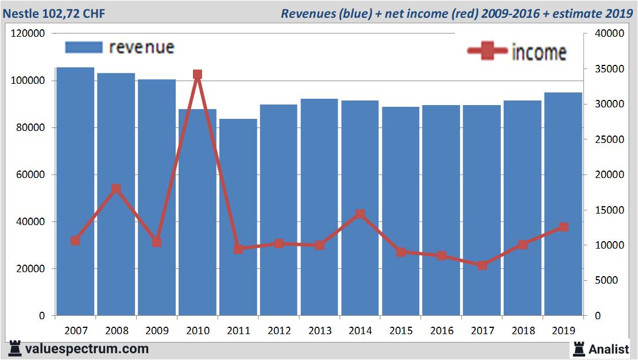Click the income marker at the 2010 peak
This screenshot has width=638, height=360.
tap(198, 75)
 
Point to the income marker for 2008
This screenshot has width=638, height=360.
tap(116, 189)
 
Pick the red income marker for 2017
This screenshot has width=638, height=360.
tap(482, 265)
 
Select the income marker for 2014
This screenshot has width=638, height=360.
tap(360, 214)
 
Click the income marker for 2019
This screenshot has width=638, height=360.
tap(563, 227)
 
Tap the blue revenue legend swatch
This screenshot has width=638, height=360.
tap(84, 47)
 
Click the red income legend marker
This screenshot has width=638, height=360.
tap(488, 52)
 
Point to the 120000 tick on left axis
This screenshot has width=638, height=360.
tap(28, 34)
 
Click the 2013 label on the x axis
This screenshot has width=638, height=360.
tap(319, 331)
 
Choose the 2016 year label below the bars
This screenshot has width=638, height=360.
tap(442, 331)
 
